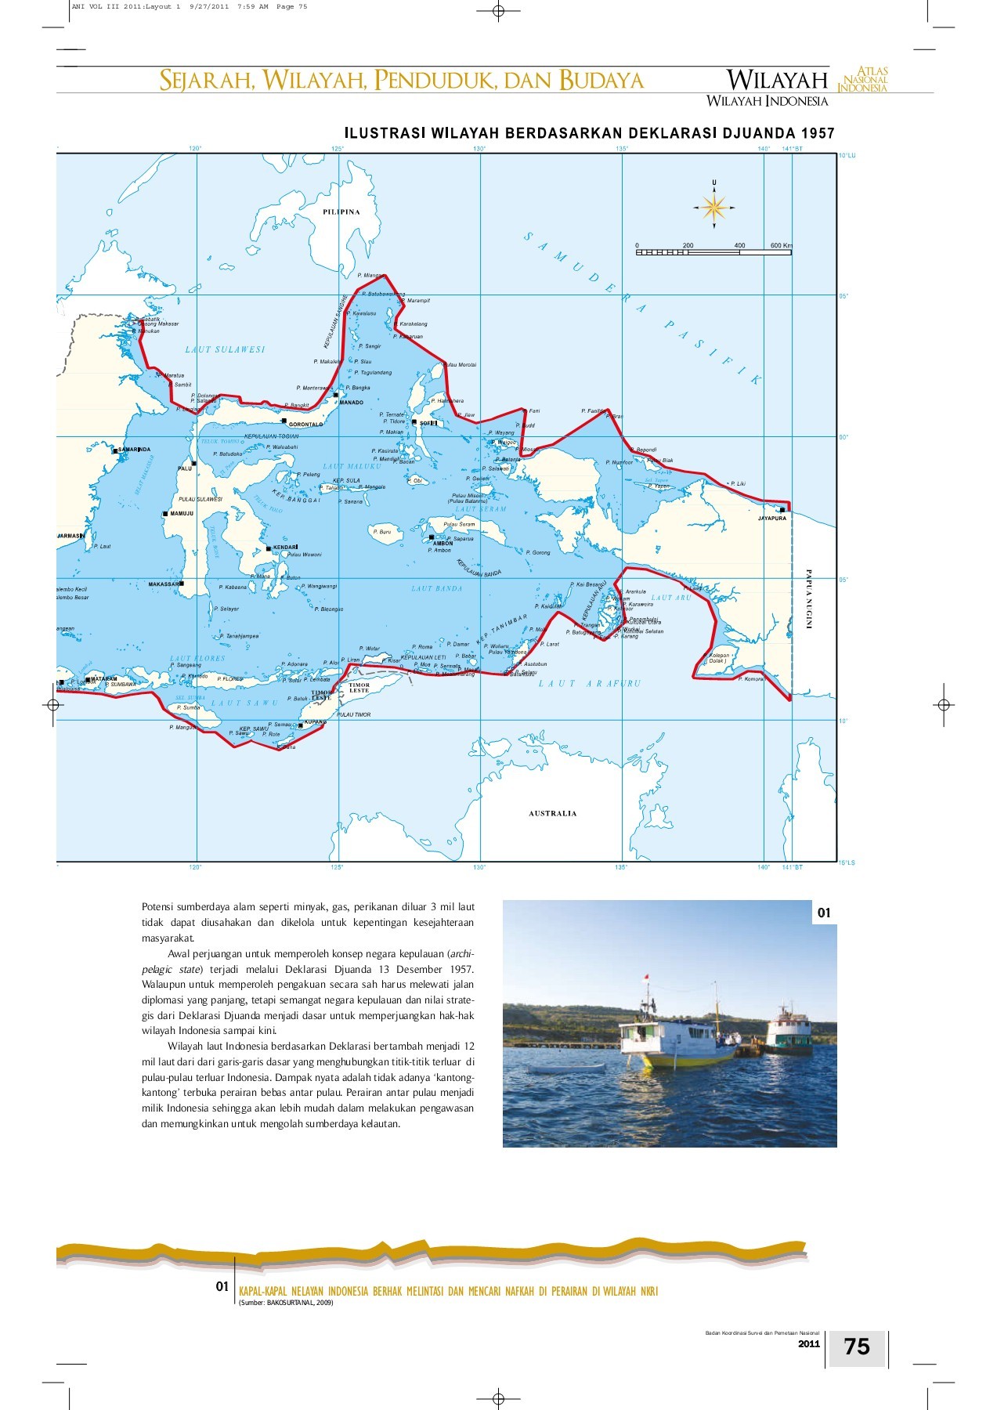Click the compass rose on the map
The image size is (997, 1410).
pyautogui.click(x=713, y=207)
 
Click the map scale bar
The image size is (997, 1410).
pyautogui.click(x=713, y=252)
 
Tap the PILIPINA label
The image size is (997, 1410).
pyautogui.click(x=341, y=211)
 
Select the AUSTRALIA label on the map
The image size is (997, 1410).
pyautogui.click(x=552, y=813)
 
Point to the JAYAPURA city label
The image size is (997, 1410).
pyautogui.click(x=771, y=518)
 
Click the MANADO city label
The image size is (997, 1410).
pyautogui.click(x=351, y=403)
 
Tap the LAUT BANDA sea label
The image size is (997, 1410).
pyautogui.click(x=437, y=588)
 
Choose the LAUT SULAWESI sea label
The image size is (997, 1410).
pyautogui.click(x=225, y=349)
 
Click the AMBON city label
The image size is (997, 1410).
pyautogui.click(x=443, y=543)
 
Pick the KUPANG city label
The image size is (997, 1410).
pyautogui.click(x=316, y=721)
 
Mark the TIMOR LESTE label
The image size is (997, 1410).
pyautogui.click(x=359, y=688)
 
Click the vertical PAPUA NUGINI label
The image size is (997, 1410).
pyautogui.click(x=809, y=599)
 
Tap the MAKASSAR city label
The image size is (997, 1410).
pyautogui.click(x=164, y=584)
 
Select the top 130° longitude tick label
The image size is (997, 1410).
pyautogui.click(x=479, y=148)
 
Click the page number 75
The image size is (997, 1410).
pyautogui.click(x=857, y=1347)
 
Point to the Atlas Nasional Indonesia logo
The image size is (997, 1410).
pyautogui.click(x=863, y=80)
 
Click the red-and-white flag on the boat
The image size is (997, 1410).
pyautogui.click(x=646, y=978)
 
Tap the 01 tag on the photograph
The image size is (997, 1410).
pyautogui.click(x=824, y=913)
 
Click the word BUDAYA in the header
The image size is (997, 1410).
pyautogui.click(x=601, y=80)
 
